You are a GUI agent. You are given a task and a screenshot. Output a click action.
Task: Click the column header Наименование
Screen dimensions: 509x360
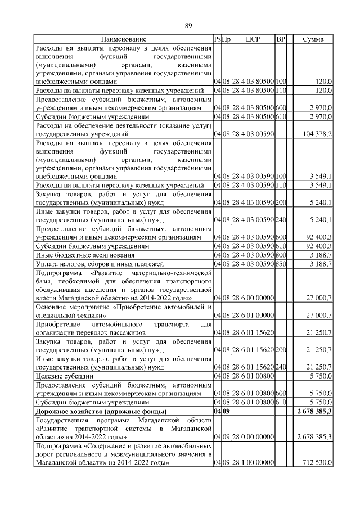pyautogui.click(x=124, y=39)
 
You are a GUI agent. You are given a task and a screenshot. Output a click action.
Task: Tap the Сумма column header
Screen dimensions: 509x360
pyautogui.click(x=313, y=39)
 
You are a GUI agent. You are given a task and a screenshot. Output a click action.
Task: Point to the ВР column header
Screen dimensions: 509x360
pyautogui.click(x=281, y=39)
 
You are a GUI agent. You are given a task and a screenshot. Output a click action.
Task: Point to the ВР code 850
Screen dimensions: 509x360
pyautogui.click(x=281, y=263)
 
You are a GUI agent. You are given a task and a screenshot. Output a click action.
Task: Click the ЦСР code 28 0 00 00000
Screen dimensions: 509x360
pyautogui.click(x=249, y=437)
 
